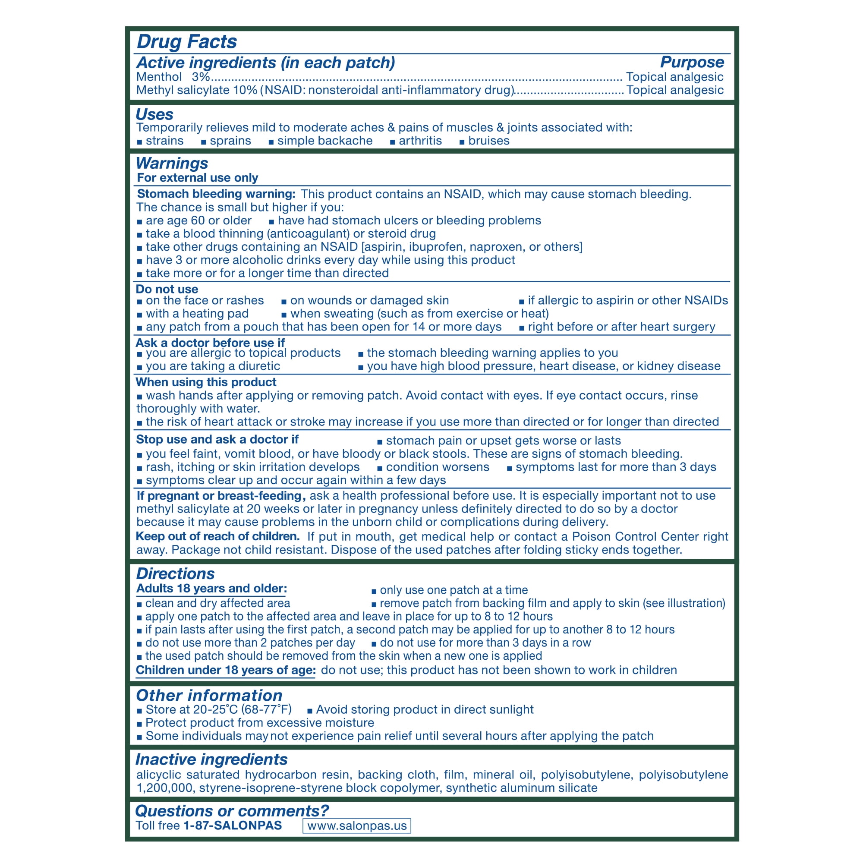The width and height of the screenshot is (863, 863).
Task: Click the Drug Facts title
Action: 186,41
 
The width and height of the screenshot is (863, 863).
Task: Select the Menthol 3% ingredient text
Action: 173,77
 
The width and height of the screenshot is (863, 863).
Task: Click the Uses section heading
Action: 154,114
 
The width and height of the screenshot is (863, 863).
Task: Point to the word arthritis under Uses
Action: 420,141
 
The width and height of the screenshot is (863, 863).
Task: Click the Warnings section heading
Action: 172,163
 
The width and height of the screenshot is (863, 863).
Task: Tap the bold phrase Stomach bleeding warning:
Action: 216,194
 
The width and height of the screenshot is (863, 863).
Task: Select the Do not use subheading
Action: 167,289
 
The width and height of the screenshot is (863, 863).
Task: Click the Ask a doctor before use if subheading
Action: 210,343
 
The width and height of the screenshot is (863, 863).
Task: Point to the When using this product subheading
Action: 206,382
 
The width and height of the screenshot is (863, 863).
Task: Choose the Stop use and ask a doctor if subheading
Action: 217,439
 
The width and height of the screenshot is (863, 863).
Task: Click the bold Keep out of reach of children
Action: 217,536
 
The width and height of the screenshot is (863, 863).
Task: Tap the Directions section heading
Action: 175,573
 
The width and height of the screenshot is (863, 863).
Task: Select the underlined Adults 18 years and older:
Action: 211,588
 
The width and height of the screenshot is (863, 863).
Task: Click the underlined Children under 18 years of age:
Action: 226,670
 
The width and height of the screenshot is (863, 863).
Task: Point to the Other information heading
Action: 208,696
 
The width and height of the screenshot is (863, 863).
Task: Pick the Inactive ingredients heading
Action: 211,759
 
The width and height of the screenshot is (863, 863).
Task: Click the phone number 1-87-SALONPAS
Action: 232,825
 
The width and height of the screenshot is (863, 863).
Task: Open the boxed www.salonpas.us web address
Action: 356,826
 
